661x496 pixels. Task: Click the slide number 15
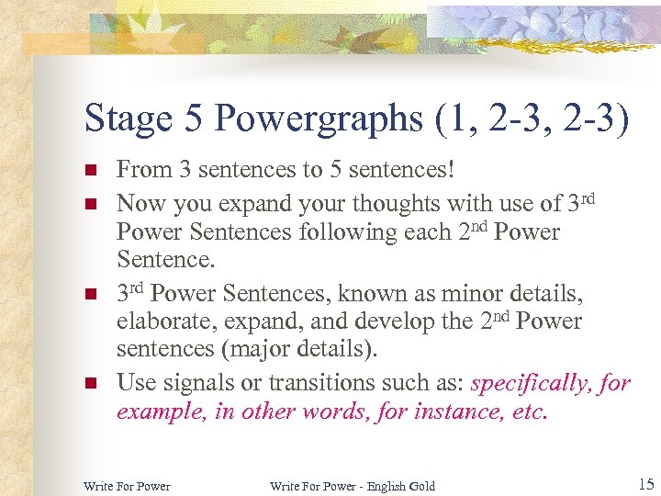[x=645, y=483]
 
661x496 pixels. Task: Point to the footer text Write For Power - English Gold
[x=353, y=485]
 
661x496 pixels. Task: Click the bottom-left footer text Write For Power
[x=127, y=485]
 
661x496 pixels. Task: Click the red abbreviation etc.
[x=531, y=411]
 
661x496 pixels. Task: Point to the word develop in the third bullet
[x=353, y=321]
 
